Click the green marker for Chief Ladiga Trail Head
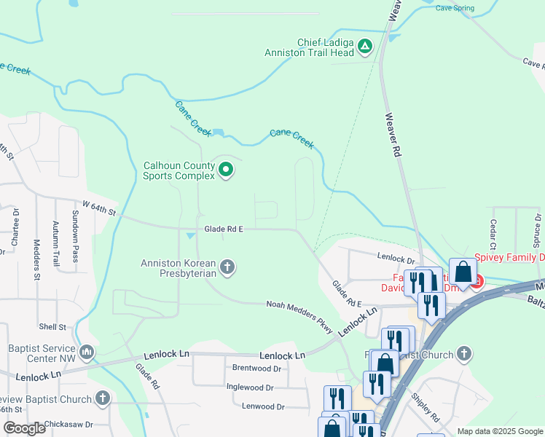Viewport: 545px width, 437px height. tap(365, 48)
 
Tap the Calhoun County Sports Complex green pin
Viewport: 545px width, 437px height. tap(226, 170)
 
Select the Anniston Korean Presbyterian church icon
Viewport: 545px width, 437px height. tap(227, 267)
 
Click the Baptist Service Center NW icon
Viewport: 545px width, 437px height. tap(87, 353)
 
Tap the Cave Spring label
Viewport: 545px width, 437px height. tap(455, 9)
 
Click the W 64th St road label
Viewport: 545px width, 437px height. tap(99, 208)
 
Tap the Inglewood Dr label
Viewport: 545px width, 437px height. tap(250, 387)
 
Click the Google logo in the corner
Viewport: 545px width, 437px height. tap(23, 428)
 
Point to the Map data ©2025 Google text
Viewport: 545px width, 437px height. tap(500, 431)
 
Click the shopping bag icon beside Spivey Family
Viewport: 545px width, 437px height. tap(463, 272)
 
